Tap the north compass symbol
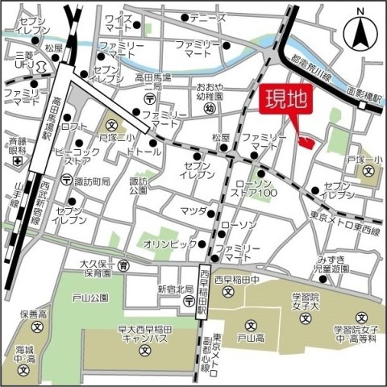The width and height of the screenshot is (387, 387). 361,32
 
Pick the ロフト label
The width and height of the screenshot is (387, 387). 73,127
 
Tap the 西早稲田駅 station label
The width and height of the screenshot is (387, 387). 205,289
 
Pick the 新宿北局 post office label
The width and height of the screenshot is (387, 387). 175,289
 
